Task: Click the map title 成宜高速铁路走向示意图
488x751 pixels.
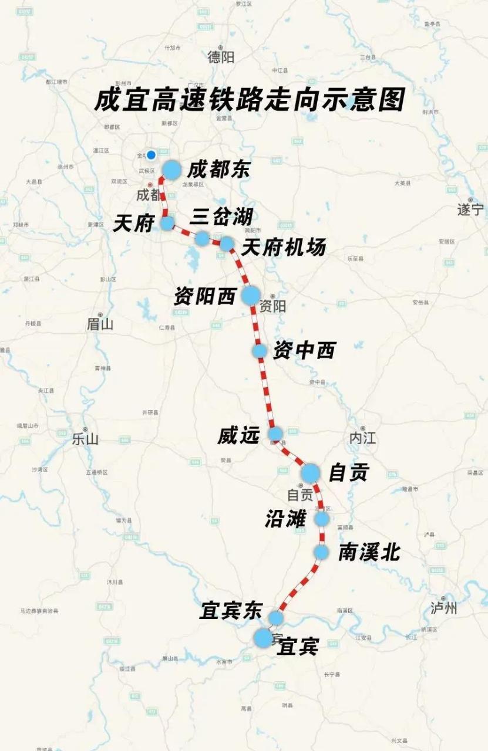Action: (250, 100)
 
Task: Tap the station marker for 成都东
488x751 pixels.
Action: (171, 170)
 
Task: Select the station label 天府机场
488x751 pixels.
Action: (283, 248)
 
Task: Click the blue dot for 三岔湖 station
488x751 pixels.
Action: (202, 238)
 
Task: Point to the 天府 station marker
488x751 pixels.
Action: (167, 223)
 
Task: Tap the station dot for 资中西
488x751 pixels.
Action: (260, 351)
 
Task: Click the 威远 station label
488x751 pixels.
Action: (238, 435)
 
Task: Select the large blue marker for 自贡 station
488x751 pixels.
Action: (311, 472)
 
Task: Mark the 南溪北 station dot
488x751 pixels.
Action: (321, 552)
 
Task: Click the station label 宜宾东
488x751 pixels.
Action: (230, 611)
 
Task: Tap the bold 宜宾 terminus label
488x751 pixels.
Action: (298, 647)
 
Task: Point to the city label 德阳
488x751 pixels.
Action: (221, 57)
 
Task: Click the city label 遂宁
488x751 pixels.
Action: (470, 209)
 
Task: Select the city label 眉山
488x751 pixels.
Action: (100, 324)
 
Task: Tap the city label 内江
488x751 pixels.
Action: (362, 438)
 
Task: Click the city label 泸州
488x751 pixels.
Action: (443, 608)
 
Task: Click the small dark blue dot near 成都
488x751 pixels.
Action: (151, 155)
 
